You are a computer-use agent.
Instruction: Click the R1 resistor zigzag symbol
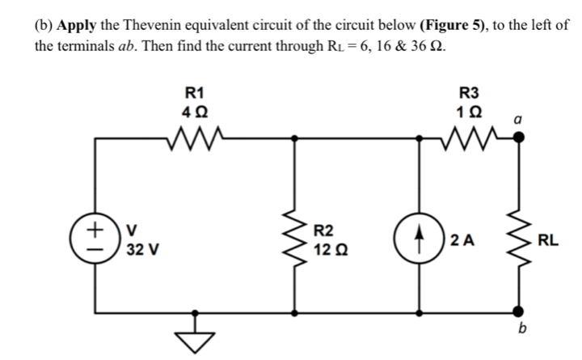point(195,138)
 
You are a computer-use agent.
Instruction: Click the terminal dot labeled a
point(517,138)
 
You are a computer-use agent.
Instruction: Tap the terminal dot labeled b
point(517,310)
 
